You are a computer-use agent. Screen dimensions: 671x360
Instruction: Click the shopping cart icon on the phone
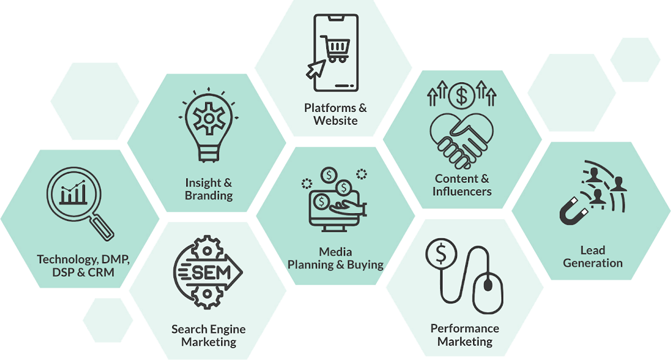tap(335, 48)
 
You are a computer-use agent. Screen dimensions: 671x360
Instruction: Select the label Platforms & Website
tap(335, 114)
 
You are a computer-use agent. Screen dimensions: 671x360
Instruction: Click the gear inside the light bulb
tap(209, 119)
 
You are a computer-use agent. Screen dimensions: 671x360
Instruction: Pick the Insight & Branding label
tap(209, 189)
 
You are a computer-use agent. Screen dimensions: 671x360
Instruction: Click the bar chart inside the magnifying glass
tap(73, 193)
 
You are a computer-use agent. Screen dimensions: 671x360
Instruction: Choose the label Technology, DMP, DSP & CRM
tap(83, 266)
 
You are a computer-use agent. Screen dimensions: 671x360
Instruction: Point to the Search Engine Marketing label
tap(209, 336)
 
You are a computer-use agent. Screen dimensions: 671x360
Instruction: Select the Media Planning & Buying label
tap(335, 259)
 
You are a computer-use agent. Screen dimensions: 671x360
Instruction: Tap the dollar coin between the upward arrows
tap(461, 96)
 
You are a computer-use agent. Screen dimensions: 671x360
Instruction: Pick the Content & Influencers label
tap(462, 185)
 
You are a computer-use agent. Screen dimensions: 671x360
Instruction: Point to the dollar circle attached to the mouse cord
tap(441, 254)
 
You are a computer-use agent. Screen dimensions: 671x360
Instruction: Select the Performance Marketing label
tap(465, 335)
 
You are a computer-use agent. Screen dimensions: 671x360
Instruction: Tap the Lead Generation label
tap(593, 256)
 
